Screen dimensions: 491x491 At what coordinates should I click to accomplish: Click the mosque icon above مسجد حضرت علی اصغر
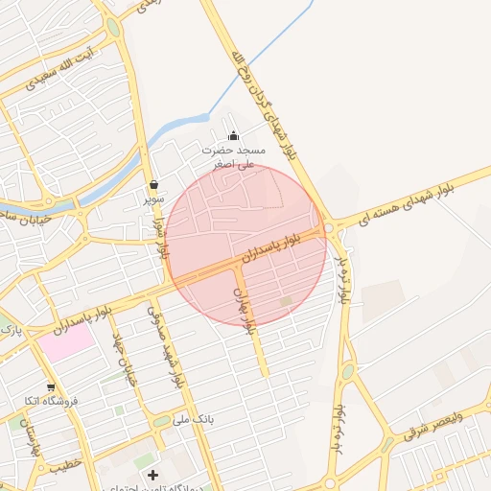click(x=233, y=135)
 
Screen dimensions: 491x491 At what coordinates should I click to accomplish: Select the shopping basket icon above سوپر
click(x=153, y=185)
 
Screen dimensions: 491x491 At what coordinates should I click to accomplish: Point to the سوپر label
click(x=153, y=199)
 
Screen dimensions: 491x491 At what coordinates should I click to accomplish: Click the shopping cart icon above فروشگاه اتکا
click(x=51, y=386)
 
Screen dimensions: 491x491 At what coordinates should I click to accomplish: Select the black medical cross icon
click(x=152, y=475)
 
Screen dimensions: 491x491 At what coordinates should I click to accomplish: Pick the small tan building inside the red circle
click(x=286, y=302)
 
